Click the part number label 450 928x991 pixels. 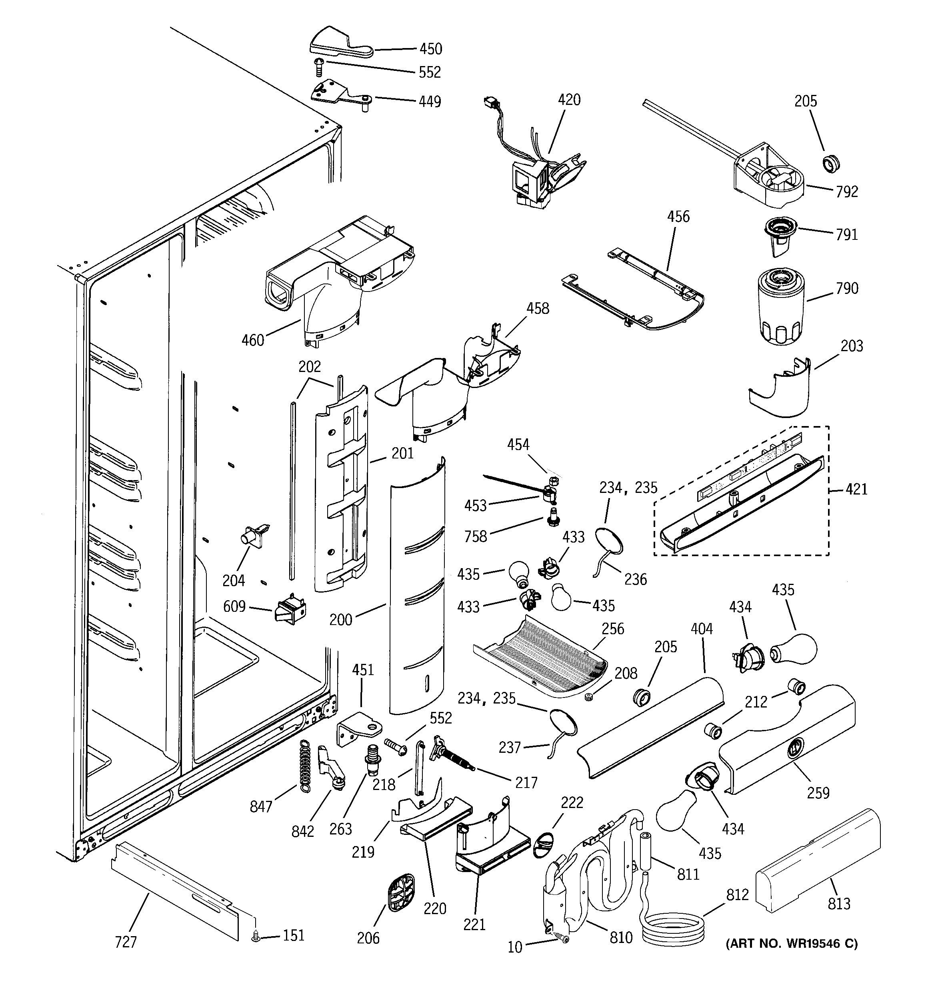point(430,49)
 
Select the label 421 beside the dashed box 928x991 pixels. point(856,489)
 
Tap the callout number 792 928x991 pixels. point(847,191)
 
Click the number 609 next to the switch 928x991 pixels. point(234,606)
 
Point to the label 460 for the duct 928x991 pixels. point(252,340)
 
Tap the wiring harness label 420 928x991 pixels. point(569,100)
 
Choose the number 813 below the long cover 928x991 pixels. point(839,903)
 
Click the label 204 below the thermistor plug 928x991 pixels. point(234,580)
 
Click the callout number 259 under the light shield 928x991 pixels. point(818,793)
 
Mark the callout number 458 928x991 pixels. point(538,309)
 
